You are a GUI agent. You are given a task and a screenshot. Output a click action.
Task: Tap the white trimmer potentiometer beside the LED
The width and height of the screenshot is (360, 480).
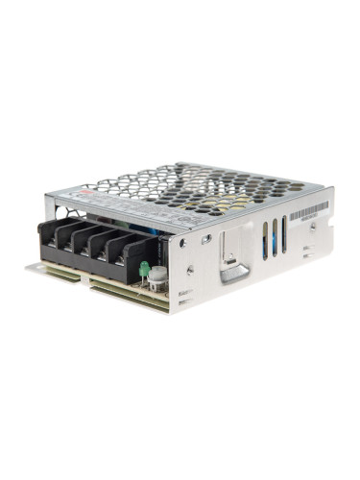[x=156, y=276]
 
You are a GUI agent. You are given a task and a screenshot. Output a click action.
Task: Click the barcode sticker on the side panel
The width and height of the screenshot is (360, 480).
[x=308, y=210]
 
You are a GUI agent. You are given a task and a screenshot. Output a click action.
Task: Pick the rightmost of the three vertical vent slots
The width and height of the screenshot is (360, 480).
[x=284, y=233]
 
